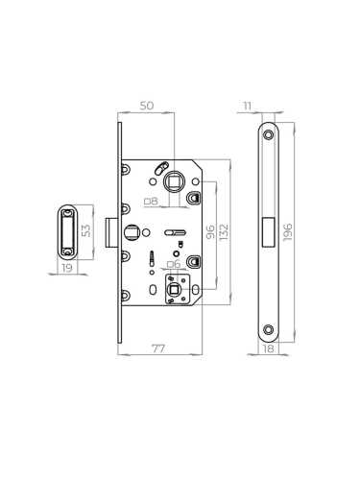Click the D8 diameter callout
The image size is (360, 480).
151,201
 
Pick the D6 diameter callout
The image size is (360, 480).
173,264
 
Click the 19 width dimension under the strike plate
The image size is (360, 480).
64,272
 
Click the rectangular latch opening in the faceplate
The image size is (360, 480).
269,231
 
